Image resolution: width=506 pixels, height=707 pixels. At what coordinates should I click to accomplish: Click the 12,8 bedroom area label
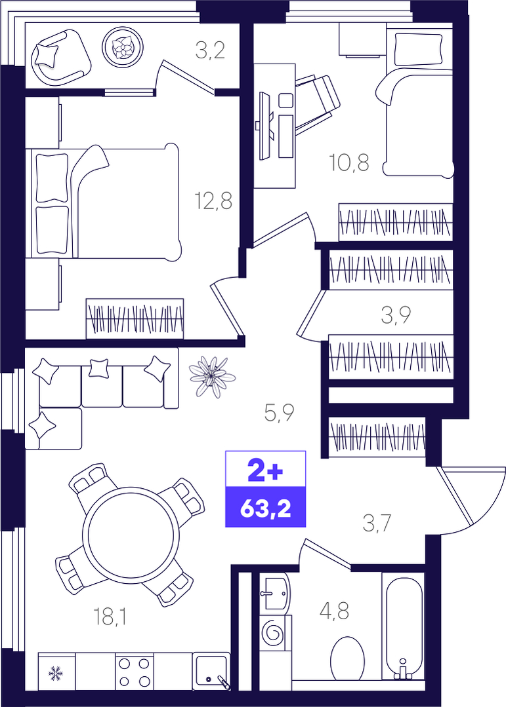click(213, 201)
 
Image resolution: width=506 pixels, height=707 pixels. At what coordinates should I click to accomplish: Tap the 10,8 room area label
click(350, 162)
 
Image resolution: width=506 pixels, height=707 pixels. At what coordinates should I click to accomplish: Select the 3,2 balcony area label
click(210, 50)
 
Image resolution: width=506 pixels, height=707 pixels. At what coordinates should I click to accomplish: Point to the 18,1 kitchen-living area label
click(110, 617)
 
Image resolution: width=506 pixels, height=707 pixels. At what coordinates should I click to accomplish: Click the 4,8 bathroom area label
click(334, 612)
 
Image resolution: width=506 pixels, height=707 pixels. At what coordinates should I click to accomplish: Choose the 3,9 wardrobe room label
click(396, 315)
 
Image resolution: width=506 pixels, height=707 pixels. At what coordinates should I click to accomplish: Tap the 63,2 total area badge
click(266, 508)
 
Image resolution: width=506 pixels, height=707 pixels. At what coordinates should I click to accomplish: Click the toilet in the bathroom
click(347, 659)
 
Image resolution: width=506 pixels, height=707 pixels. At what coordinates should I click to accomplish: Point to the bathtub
click(403, 625)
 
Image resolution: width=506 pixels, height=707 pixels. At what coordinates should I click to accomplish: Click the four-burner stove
click(134, 671)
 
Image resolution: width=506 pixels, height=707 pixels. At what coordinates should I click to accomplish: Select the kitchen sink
click(211, 671)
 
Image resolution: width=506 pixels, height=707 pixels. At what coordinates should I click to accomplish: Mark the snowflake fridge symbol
click(56, 673)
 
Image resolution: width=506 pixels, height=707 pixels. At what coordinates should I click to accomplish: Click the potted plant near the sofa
click(211, 377)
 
